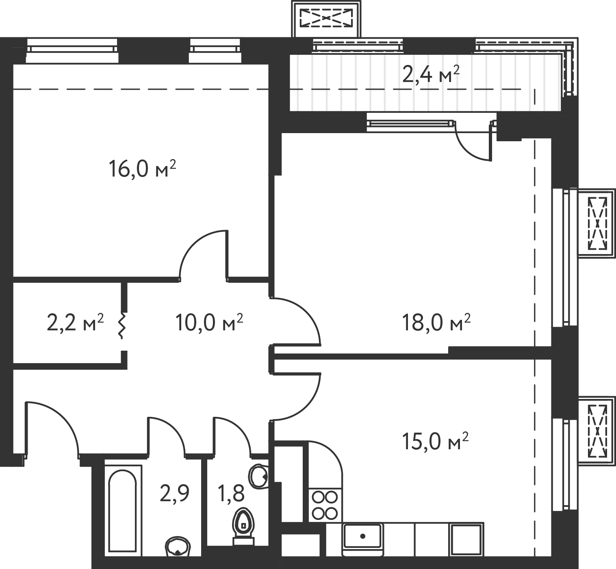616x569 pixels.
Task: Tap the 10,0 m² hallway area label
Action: pyautogui.click(x=209, y=322)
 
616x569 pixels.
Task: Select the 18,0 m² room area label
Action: pyautogui.click(x=435, y=322)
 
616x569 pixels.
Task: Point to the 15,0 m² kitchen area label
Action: pyautogui.click(x=435, y=442)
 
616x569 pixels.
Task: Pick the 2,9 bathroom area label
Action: pyautogui.click(x=175, y=493)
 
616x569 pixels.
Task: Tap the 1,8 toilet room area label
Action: pyautogui.click(x=232, y=494)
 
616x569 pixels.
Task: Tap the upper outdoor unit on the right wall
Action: pyautogui.click(x=596, y=223)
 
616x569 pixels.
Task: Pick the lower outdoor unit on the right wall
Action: pyautogui.click(x=596, y=429)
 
